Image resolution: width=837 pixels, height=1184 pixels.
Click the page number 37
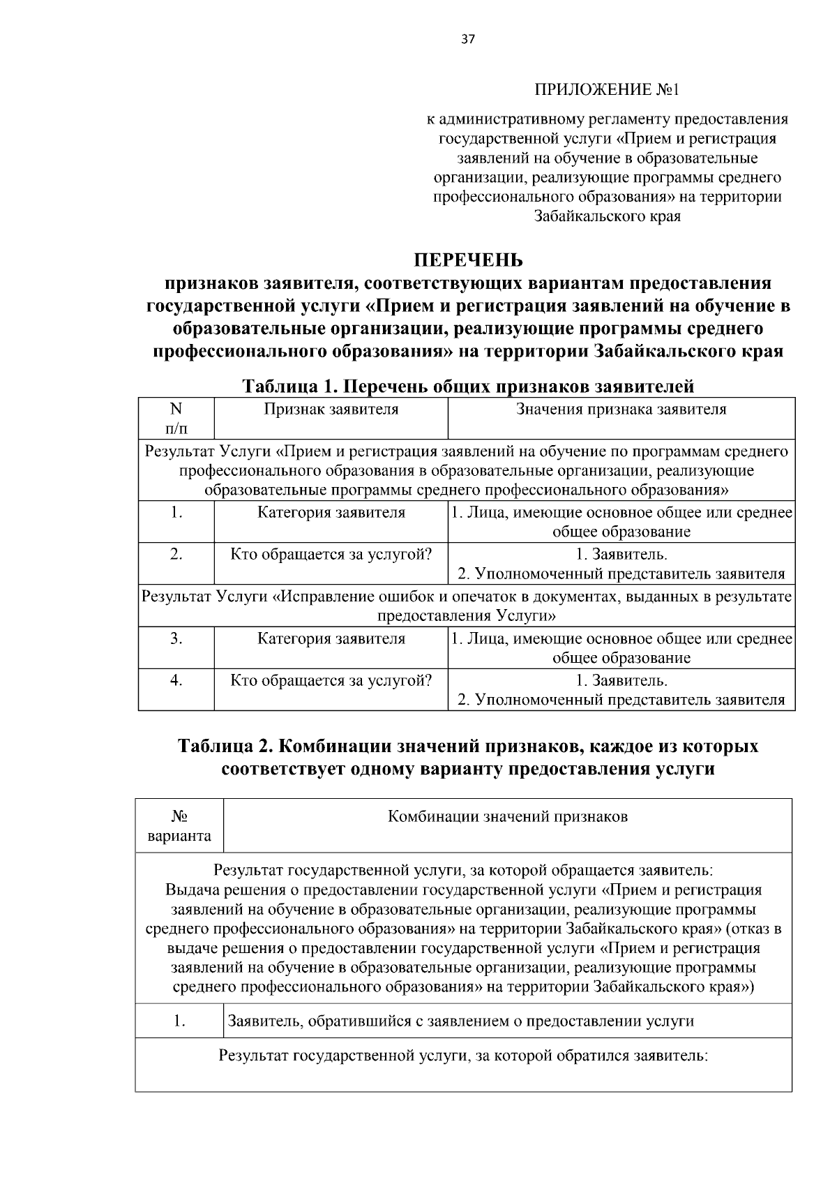click(467, 40)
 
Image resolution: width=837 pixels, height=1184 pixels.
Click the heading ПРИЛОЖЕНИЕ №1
click(607, 91)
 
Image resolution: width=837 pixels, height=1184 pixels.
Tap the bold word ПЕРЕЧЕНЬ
click(467, 260)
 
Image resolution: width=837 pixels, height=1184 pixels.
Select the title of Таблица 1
click(467, 386)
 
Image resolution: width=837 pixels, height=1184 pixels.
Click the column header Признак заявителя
click(331, 410)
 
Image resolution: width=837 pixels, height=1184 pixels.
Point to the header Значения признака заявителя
click(621, 410)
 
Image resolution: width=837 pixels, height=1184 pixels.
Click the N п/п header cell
click(176, 418)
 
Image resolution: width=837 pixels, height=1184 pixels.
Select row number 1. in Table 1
click(176, 513)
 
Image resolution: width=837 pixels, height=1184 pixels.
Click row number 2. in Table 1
click(176, 555)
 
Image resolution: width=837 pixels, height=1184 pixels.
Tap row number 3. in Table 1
click(176, 638)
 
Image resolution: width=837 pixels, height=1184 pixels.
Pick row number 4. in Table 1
click(176, 680)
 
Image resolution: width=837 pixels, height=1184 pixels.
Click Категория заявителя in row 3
click(331, 638)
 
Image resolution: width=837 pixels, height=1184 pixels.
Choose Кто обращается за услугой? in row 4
click(331, 680)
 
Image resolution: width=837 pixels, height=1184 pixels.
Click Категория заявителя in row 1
click(331, 513)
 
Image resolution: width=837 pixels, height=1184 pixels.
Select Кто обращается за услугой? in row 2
click(331, 555)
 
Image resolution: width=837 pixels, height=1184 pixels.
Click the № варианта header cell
click(180, 825)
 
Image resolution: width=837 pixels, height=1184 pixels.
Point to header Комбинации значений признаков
click(507, 816)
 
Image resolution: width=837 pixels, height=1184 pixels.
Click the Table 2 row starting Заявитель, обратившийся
click(461, 1021)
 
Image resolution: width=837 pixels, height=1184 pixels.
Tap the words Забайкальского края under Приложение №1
click(607, 216)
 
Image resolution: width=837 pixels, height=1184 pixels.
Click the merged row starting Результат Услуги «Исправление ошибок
click(467, 606)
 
